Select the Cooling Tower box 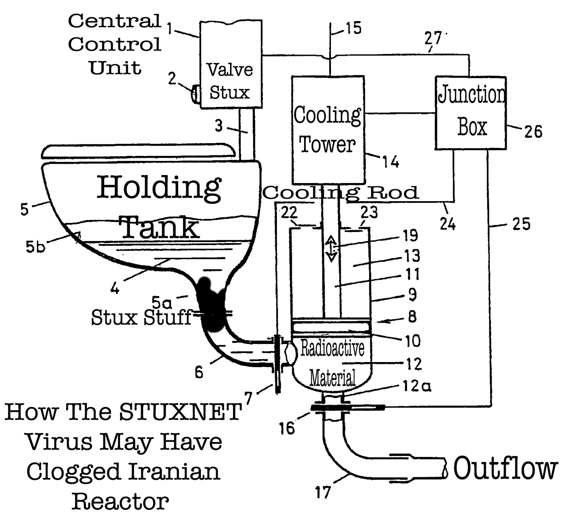328,130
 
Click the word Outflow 505,468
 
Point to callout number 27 433,38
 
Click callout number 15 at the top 353,28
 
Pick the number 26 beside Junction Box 533,131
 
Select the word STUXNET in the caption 180,412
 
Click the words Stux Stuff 141,317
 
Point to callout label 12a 417,386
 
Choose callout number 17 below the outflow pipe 323,492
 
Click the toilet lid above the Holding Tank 138,151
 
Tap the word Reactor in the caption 120,502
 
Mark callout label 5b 35,247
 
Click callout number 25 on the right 521,224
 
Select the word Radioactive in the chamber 332,349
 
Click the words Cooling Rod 341,193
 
